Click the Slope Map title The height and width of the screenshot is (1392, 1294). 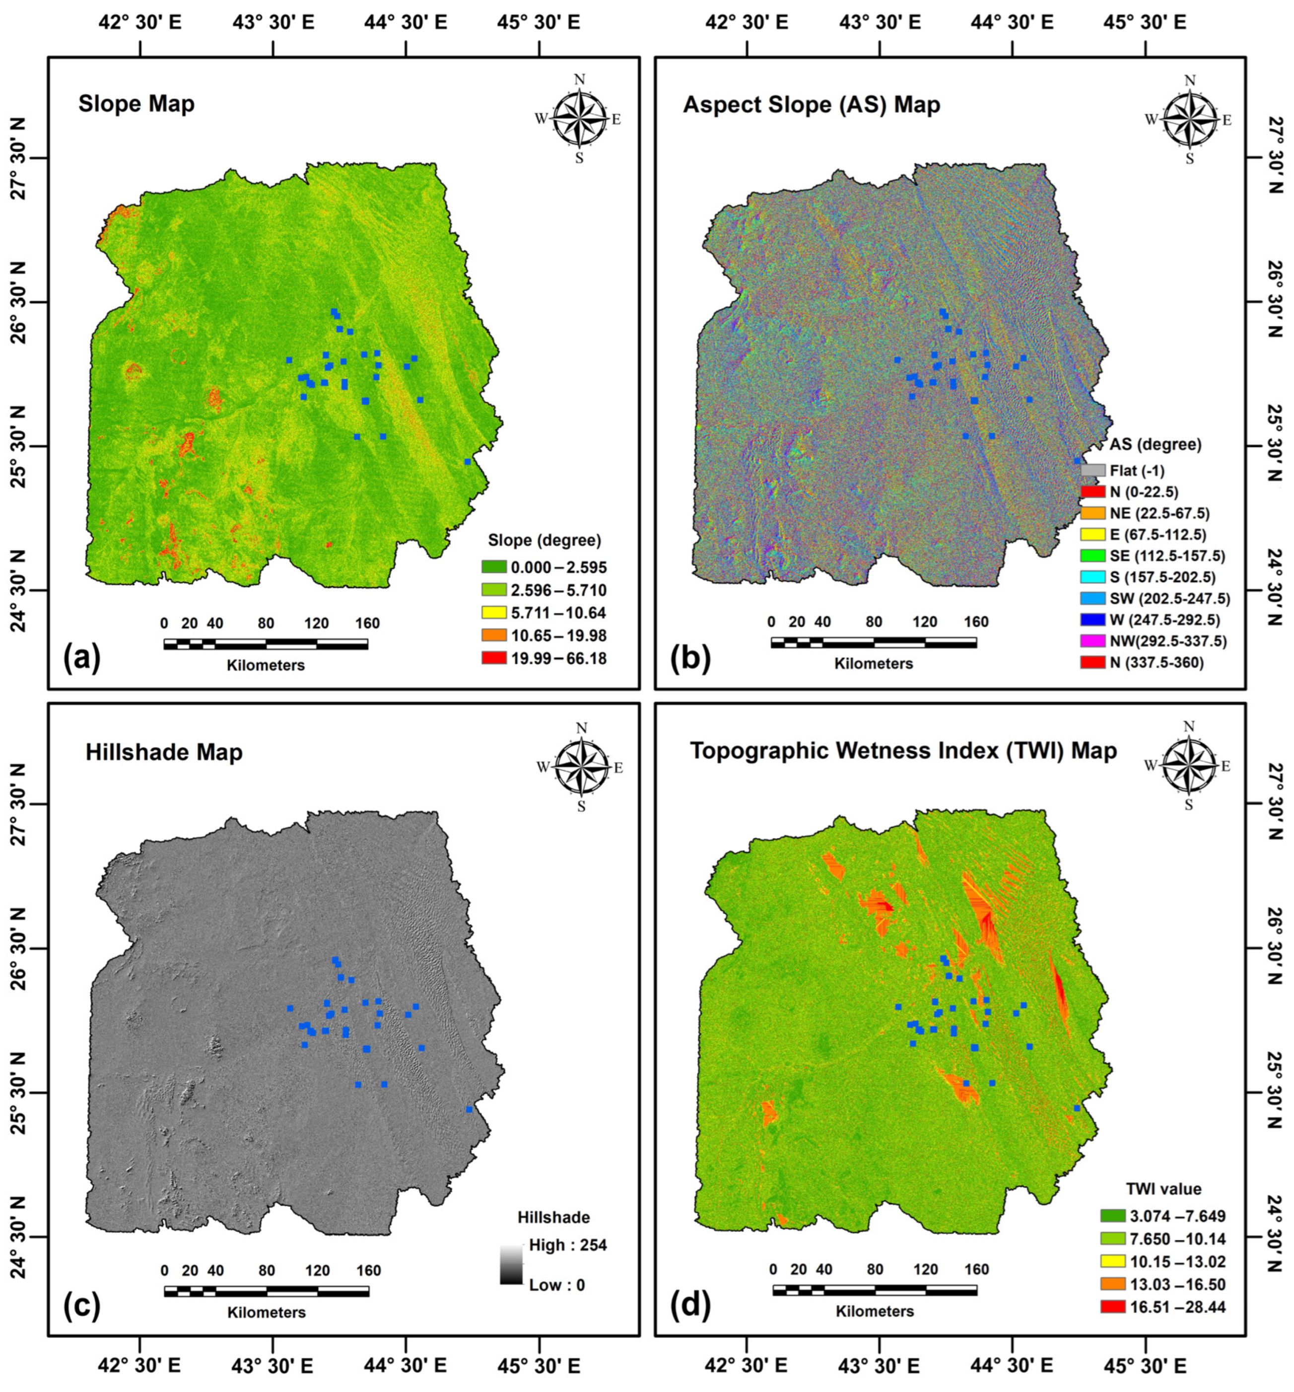[136, 104]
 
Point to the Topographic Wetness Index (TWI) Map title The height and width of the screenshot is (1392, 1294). [903, 751]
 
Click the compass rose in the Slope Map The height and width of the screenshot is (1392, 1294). [579, 119]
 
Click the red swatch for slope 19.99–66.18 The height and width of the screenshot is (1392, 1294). [494, 658]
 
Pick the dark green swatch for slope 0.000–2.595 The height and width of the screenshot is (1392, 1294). [494, 566]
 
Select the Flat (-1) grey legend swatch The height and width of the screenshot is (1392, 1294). [1093, 471]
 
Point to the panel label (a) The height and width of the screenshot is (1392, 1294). [82, 659]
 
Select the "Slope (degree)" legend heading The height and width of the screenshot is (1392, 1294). [544, 541]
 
